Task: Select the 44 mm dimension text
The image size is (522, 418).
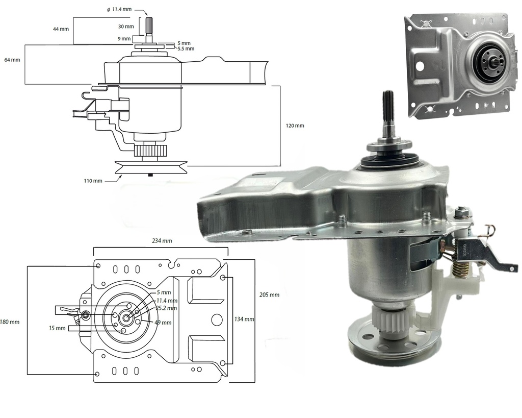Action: click(x=61, y=29)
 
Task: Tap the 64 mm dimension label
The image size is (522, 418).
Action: click(x=12, y=60)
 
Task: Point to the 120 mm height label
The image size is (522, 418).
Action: click(x=295, y=126)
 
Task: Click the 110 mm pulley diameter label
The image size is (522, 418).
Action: click(x=94, y=181)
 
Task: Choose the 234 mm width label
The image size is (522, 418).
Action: click(x=161, y=240)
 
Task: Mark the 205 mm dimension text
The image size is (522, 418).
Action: click(x=269, y=295)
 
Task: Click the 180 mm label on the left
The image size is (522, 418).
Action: click(x=10, y=322)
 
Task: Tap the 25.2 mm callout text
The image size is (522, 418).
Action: click(x=166, y=308)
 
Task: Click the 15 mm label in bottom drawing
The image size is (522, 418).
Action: click(x=58, y=328)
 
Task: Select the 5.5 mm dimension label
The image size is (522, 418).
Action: click(x=186, y=49)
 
